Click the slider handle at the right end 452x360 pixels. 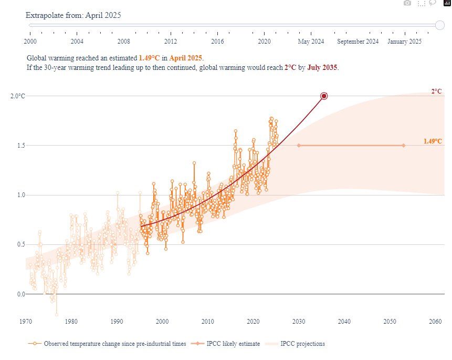440,25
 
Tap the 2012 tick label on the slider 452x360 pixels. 170,42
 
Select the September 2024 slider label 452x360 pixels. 358,42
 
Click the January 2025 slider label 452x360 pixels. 404,42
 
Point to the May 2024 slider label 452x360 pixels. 311,42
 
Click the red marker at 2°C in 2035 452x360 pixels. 324,96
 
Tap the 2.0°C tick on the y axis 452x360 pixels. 18,96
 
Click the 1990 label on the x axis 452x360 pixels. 117,321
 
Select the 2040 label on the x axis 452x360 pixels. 344,321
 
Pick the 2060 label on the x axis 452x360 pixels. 435,321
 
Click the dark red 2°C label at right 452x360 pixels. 436,91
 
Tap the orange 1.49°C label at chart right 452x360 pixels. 433,141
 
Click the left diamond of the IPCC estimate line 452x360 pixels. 299,146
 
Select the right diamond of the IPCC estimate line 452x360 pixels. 403,146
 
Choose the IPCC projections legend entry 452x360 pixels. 302,344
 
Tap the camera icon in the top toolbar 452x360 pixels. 407,3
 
